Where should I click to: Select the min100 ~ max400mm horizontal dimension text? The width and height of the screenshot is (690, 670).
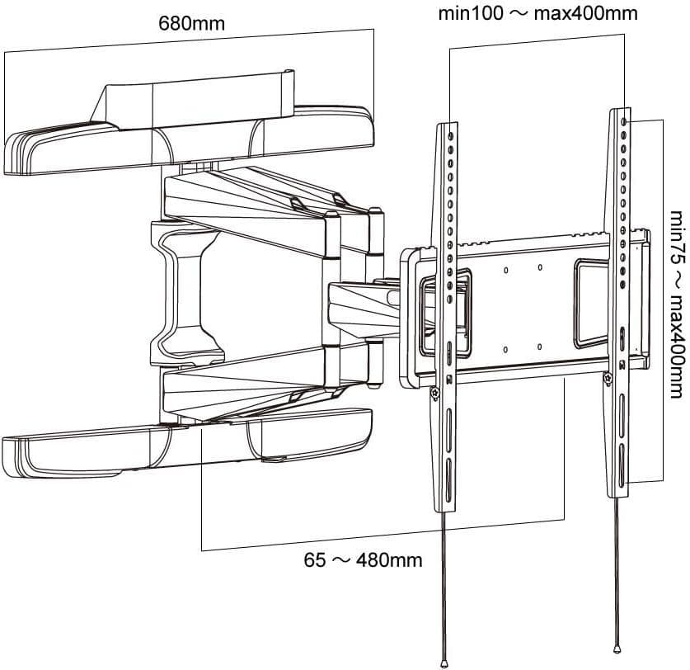(x=537, y=14)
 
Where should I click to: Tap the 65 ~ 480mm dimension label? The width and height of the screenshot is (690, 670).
(x=363, y=561)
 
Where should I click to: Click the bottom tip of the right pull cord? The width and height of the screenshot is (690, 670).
(x=617, y=644)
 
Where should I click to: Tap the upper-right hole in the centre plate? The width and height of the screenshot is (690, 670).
(x=539, y=267)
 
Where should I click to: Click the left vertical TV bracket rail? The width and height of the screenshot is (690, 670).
(x=445, y=314)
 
